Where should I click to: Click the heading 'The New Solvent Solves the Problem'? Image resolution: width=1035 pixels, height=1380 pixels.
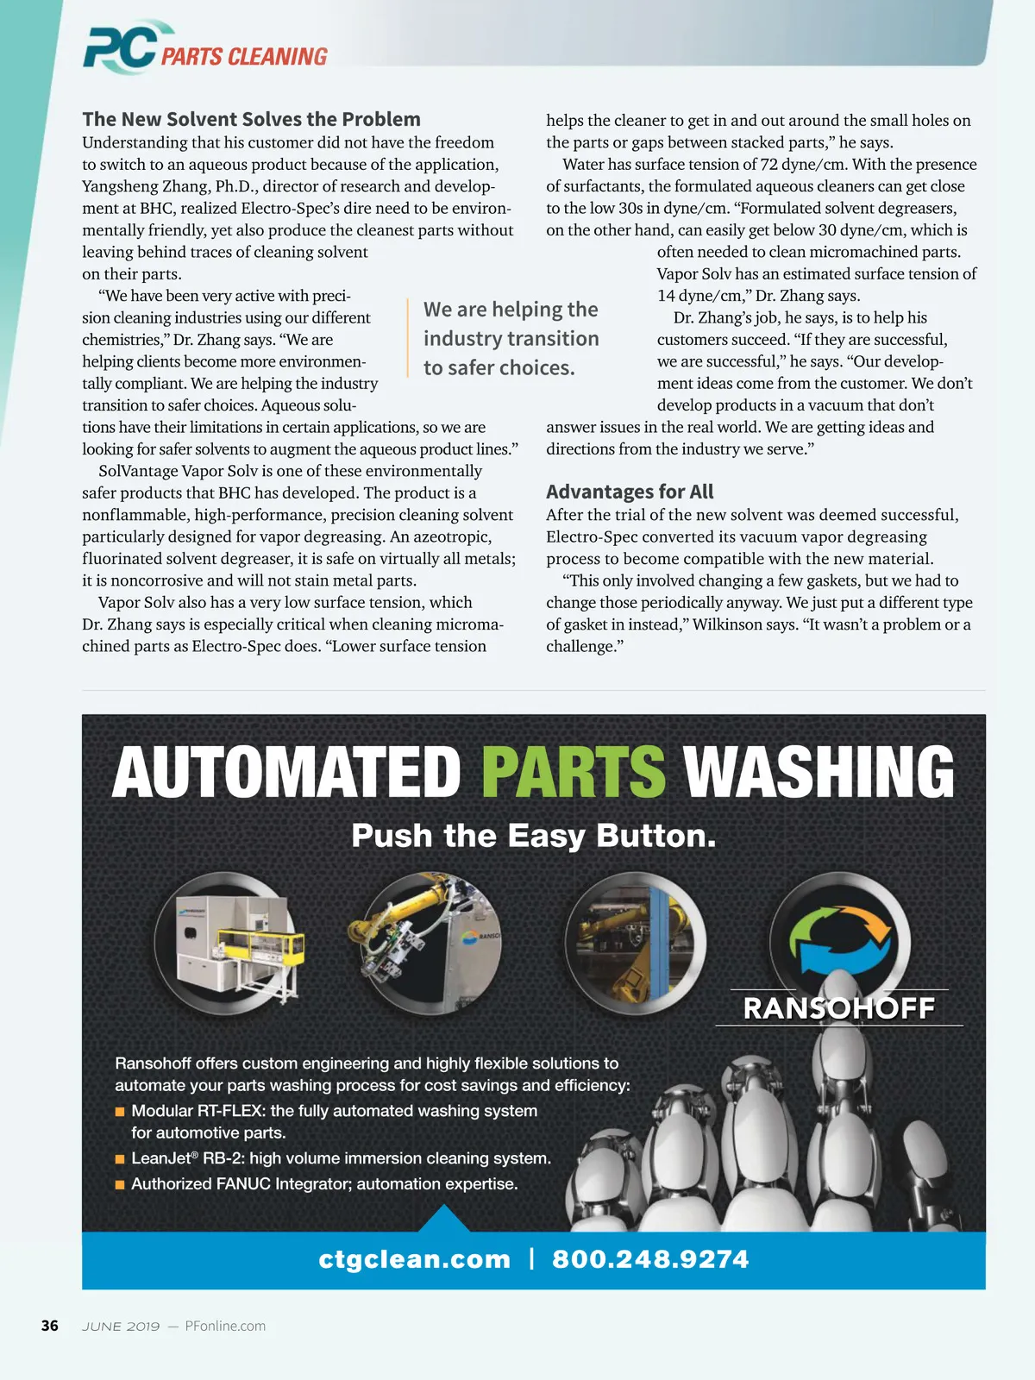pyautogui.click(x=251, y=119)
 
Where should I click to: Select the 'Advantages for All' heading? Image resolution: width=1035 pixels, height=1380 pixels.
pyautogui.click(x=630, y=492)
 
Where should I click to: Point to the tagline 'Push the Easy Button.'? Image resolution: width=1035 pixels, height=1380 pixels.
pyautogui.click(x=534, y=836)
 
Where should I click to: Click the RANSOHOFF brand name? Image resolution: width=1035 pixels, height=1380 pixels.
pyautogui.click(x=838, y=1008)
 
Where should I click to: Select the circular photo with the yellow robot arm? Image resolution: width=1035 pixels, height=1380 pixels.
pyautogui.click(x=430, y=943)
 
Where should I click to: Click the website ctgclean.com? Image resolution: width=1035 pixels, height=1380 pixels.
pyautogui.click(x=414, y=1259)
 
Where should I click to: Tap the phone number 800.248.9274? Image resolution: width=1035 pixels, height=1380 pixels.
pyautogui.click(x=650, y=1259)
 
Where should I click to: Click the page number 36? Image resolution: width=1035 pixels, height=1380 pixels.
pyautogui.click(x=50, y=1326)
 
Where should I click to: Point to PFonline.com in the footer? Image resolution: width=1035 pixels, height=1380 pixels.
pyautogui.click(x=225, y=1326)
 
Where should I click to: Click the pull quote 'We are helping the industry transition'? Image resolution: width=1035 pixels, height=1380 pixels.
pyautogui.click(x=511, y=338)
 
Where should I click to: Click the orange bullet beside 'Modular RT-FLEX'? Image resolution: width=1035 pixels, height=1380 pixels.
pyautogui.click(x=121, y=1112)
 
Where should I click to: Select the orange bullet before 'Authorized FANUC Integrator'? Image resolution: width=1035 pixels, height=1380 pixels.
pyautogui.click(x=121, y=1185)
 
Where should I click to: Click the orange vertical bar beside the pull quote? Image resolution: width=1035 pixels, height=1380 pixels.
pyautogui.click(x=408, y=338)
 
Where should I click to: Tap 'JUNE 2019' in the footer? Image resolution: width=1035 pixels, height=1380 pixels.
pyautogui.click(x=121, y=1326)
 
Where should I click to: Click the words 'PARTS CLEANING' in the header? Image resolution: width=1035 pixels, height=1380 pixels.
pyautogui.click(x=244, y=57)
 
